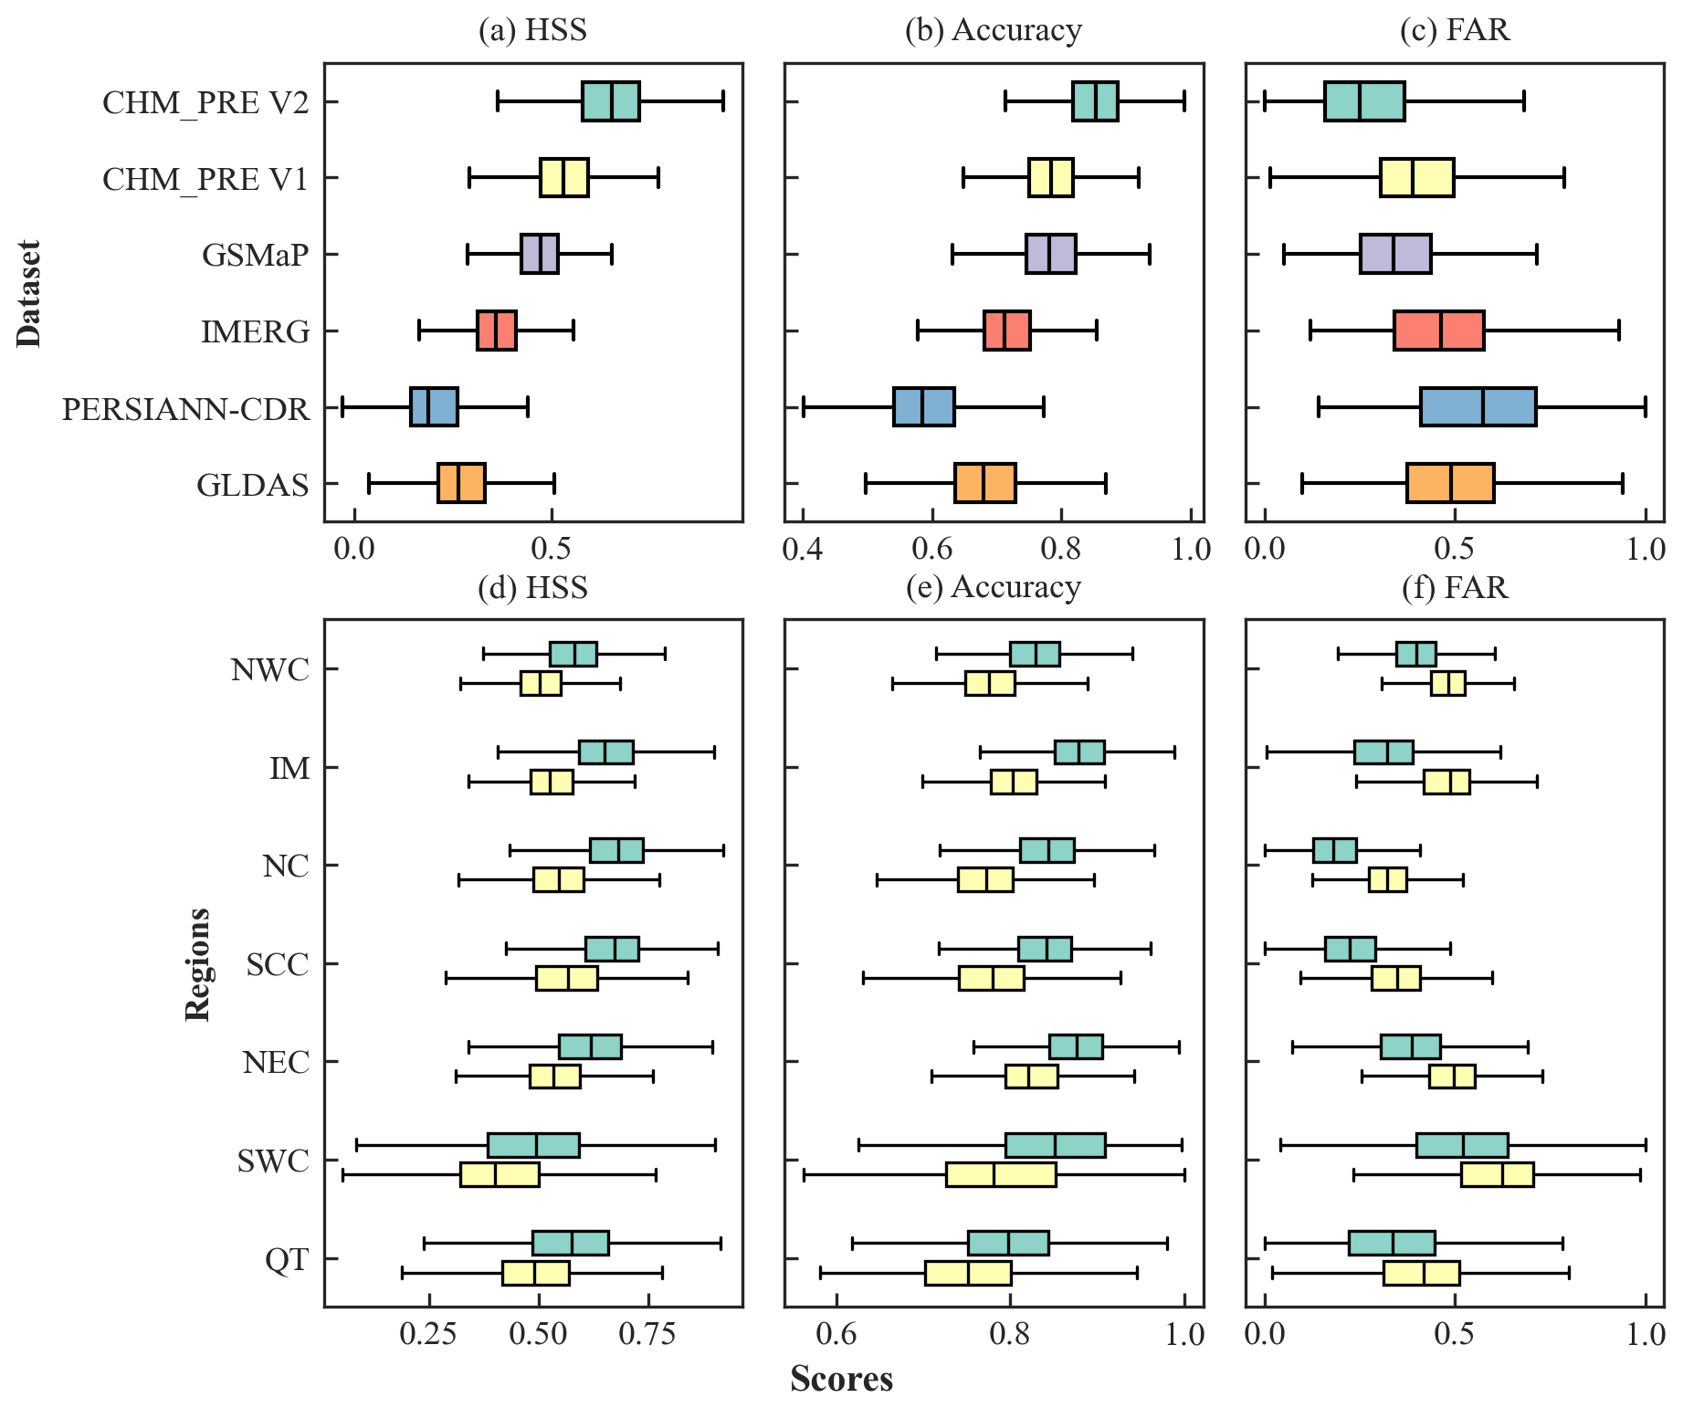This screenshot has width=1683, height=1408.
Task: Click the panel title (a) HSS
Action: [532, 30]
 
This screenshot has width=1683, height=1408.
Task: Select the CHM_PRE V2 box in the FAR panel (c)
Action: [1364, 101]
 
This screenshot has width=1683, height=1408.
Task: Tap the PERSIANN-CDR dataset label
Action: [185, 408]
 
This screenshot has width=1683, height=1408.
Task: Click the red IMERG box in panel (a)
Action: [496, 331]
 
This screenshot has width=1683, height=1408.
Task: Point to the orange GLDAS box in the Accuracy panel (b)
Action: [984, 483]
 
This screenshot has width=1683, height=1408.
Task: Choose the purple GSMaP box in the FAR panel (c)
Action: [1394, 254]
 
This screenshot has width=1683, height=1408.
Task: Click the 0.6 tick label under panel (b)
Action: [931, 549]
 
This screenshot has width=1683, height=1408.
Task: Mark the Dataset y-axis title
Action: [28, 294]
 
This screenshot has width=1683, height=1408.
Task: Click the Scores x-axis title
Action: [841, 1379]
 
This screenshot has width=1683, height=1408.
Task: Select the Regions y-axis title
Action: [197, 964]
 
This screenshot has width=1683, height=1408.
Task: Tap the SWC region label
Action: [273, 1161]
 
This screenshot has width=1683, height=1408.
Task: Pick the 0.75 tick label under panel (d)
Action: [648, 1334]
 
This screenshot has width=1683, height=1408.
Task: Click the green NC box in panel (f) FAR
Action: [1334, 850]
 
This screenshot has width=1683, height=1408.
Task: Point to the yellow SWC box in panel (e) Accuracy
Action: [1001, 1174]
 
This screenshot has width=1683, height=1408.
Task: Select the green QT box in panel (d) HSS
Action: [570, 1244]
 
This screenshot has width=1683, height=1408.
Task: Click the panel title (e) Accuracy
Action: [993, 587]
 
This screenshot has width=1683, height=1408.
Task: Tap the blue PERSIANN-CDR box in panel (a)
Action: [434, 407]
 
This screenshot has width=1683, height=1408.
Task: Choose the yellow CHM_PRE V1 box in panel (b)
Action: [1050, 177]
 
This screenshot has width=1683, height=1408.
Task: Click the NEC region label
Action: [276, 1063]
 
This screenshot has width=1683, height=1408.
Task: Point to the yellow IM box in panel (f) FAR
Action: [1446, 783]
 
